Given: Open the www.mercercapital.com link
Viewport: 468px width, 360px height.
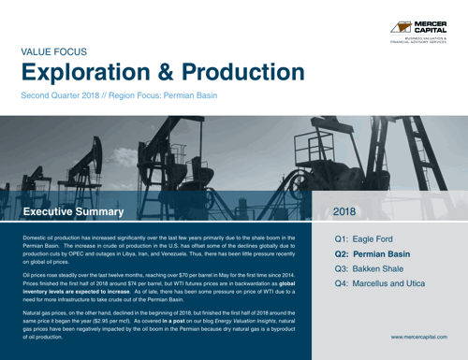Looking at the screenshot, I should click(x=419, y=335).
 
